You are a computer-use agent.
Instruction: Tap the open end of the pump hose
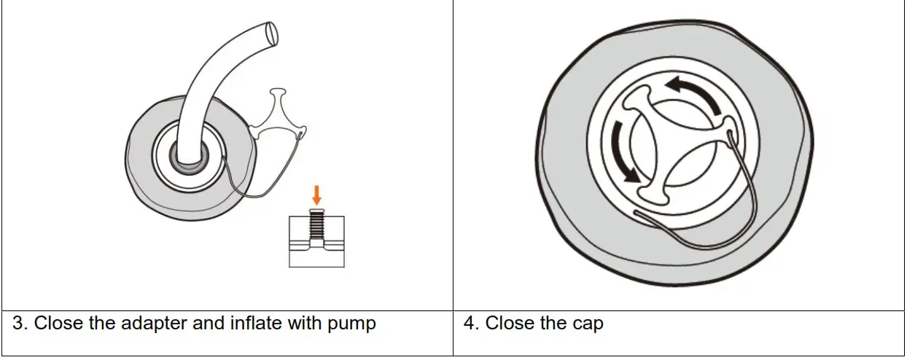pyautogui.click(x=272, y=31)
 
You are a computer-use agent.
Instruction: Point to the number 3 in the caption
pyautogui.click(x=20, y=323)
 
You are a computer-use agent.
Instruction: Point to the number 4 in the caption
pyautogui.click(x=470, y=323)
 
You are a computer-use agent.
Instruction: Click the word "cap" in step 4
pyautogui.click(x=588, y=323)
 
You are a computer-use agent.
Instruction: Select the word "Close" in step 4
pyautogui.click(x=510, y=323)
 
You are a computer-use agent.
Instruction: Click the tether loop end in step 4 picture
pyautogui.click(x=636, y=214)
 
